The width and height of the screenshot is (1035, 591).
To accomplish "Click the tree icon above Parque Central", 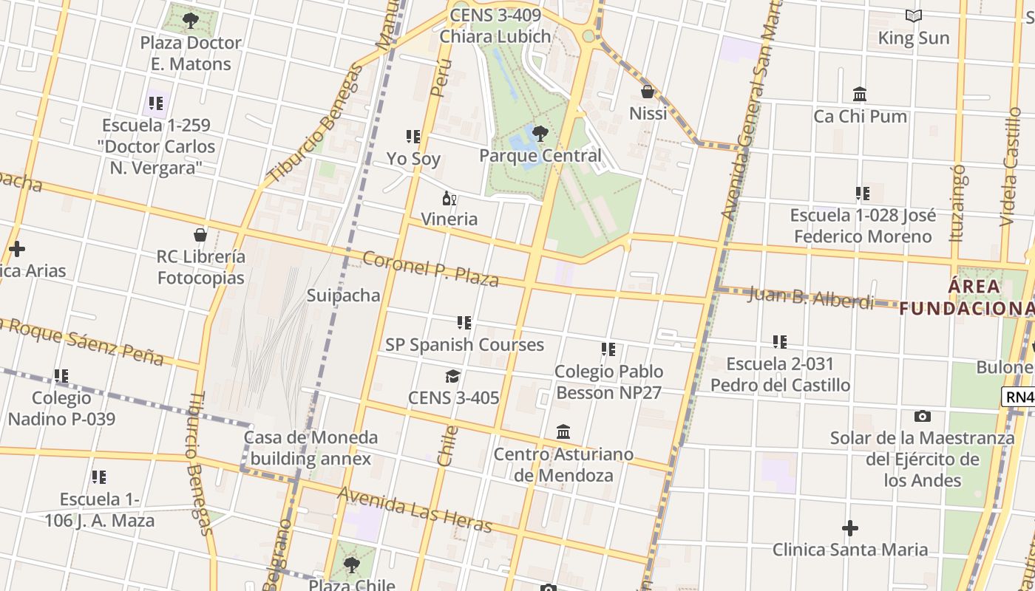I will click(x=540, y=134).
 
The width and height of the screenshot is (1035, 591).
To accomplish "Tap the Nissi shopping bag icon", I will click(x=648, y=92).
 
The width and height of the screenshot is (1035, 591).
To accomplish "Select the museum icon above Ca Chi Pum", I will click(x=860, y=95).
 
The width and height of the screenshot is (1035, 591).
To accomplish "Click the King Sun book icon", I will click(x=914, y=16).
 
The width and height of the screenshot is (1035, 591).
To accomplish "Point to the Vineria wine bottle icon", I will click(x=449, y=198).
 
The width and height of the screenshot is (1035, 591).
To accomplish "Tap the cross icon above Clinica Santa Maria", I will click(x=850, y=528).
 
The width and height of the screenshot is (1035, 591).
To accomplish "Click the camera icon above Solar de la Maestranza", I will click(x=922, y=417).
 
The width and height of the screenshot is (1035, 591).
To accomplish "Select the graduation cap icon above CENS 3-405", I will click(x=453, y=377).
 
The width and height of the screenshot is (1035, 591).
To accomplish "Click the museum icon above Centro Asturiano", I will click(x=563, y=432).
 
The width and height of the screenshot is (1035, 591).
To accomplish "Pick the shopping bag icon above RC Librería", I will click(x=200, y=236).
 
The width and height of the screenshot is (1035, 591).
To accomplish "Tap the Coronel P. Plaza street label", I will click(x=430, y=269).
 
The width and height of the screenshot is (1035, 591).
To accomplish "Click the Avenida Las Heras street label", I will click(x=415, y=510).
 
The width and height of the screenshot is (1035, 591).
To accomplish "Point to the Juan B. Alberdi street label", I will click(x=810, y=297).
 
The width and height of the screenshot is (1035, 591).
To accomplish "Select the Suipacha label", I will click(x=344, y=295).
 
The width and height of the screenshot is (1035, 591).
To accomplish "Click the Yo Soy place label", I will click(x=413, y=159).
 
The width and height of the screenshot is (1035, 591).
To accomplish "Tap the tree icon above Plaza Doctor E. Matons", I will click(x=191, y=21).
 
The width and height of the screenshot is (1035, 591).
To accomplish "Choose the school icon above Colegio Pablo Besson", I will click(x=608, y=349).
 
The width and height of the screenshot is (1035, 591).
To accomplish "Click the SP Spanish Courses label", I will click(x=464, y=345).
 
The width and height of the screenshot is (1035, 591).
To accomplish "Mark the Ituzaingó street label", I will click(x=958, y=204).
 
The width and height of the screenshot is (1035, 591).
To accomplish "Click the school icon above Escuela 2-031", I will click(x=780, y=342).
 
